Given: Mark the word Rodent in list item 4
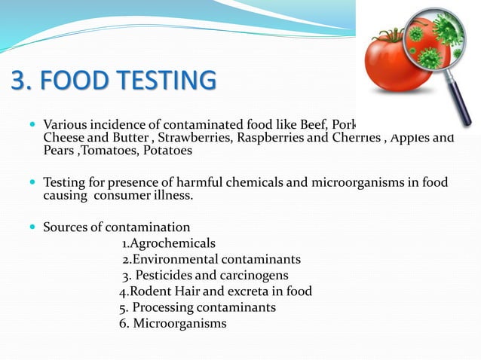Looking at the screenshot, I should pos(151,291).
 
